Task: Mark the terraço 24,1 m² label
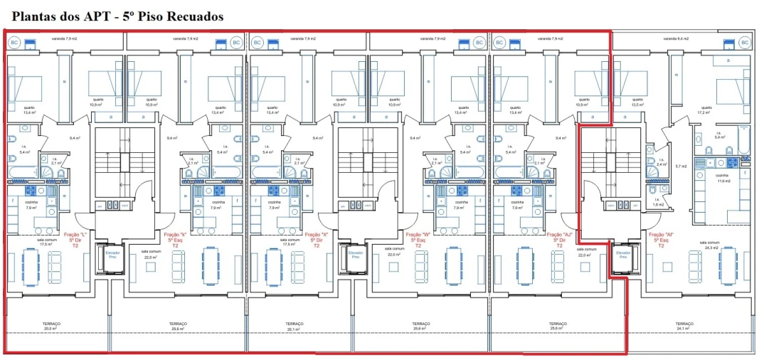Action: (684, 327)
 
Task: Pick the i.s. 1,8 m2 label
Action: (658, 203)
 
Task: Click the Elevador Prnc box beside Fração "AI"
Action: (622, 255)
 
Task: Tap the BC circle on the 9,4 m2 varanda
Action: (745, 43)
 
